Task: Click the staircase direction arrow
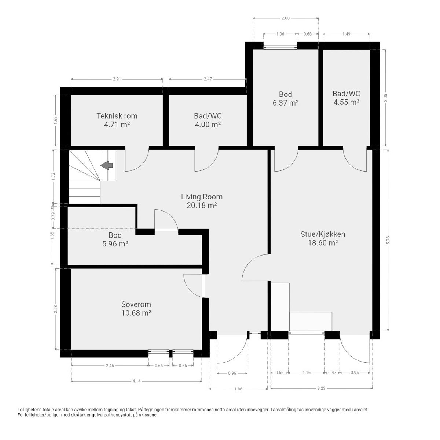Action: tap(107, 165)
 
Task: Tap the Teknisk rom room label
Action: tap(117, 120)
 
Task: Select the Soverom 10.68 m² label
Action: tap(136, 308)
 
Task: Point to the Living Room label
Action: tap(202, 201)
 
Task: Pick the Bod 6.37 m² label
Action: tap(285, 99)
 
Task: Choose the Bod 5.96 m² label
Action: tap(115, 239)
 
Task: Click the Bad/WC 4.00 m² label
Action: tap(208, 120)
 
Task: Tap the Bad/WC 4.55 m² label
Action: tap(346, 98)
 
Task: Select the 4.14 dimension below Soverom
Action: tap(136, 381)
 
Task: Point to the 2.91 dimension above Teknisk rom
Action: tap(117, 79)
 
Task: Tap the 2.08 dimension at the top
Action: tap(285, 18)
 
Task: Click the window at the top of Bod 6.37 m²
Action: tap(280, 47)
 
